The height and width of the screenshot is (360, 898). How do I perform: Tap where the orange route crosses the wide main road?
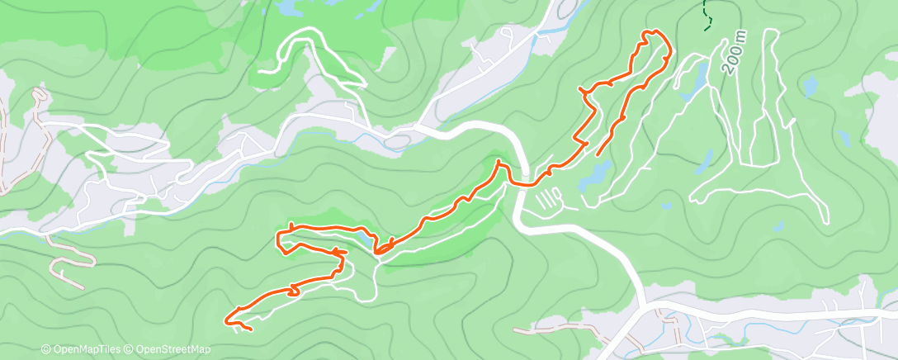pyautogui.click(x=521, y=182)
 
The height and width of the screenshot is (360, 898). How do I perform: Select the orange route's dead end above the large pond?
pyautogui.click(x=596, y=154)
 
